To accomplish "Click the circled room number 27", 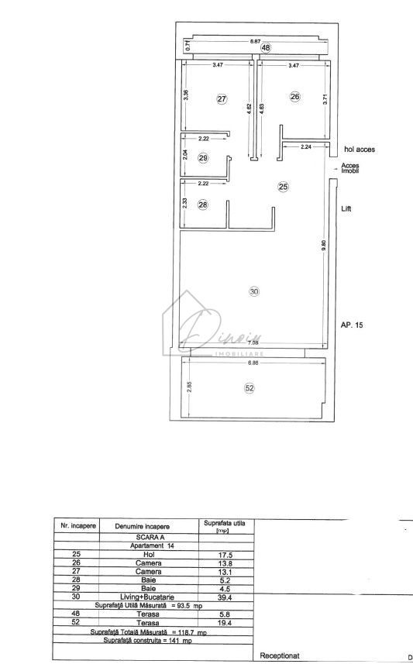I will pyautogui.click(x=222, y=99).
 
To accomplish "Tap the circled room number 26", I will pyautogui.click(x=294, y=97).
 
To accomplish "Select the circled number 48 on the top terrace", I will pyautogui.click(x=266, y=48).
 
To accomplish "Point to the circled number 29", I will pyautogui.click(x=203, y=158).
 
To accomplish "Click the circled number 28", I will pyautogui.click(x=203, y=205).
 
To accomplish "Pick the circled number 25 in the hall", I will pyautogui.click(x=283, y=187).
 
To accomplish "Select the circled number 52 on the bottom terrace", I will pyautogui.click(x=250, y=389).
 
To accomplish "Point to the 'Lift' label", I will pyautogui.click(x=346, y=209).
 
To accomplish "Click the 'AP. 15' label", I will pyautogui.click(x=352, y=325).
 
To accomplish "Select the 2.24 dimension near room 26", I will pyautogui.click(x=305, y=146).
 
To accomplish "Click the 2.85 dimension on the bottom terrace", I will pyautogui.click(x=188, y=387).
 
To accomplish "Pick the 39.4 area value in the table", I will pyautogui.click(x=226, y=597).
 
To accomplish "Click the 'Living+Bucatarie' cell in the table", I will pyautogui.click(x=149, y=597).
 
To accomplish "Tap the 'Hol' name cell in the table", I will pyautogui.click(x=149, y=555).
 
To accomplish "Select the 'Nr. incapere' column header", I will pyautogui.click(x=77, y=525).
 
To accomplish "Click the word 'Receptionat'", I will pyautogui.click(x=280, y=655).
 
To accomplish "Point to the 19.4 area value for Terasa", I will pyautogui.click(x=226, y=622).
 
